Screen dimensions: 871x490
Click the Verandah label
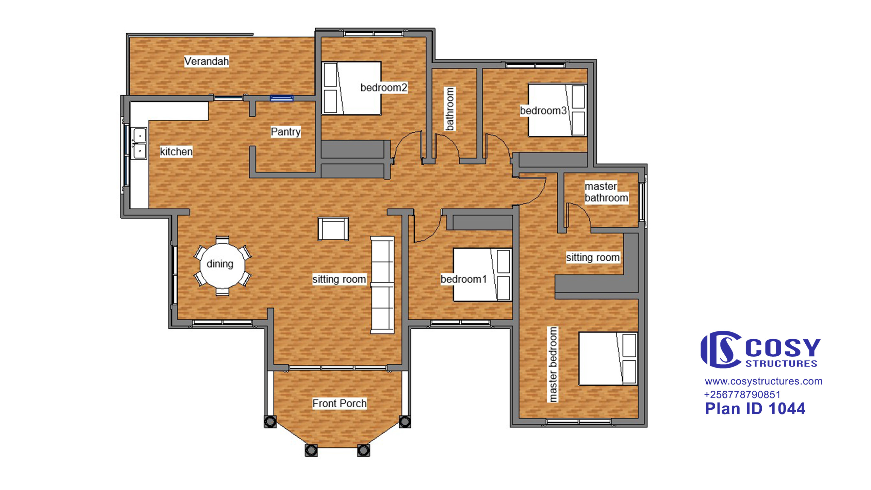[x=207, y=61]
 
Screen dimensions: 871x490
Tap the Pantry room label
[x=286, y=132]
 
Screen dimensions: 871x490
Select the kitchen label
[x=176, y=151]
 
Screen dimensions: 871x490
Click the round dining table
[x=222, y=265]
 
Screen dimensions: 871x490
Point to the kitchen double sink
[x=139, y=143]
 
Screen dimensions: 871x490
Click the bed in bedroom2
[x=351, y=88]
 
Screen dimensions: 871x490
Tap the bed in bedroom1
[x=482, y=275]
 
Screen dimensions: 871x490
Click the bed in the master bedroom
[x=608, y=359]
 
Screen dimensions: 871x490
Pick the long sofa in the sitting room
[x=382, y=285]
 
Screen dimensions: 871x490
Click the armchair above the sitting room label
[x=333, y=229]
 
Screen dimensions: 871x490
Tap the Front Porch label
[x=340, y=403]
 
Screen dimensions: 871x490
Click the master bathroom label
[x=606, y=192]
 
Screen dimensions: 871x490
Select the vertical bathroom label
[x=450, y=109]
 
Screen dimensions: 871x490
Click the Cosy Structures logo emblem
[x=721, y=349]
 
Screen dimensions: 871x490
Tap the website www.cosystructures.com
[x=763, y=381]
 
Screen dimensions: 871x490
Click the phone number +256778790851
[x=742, y=395]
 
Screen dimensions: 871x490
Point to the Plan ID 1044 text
[x=755, y=408]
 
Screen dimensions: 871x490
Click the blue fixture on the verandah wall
[x=282, y=98]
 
